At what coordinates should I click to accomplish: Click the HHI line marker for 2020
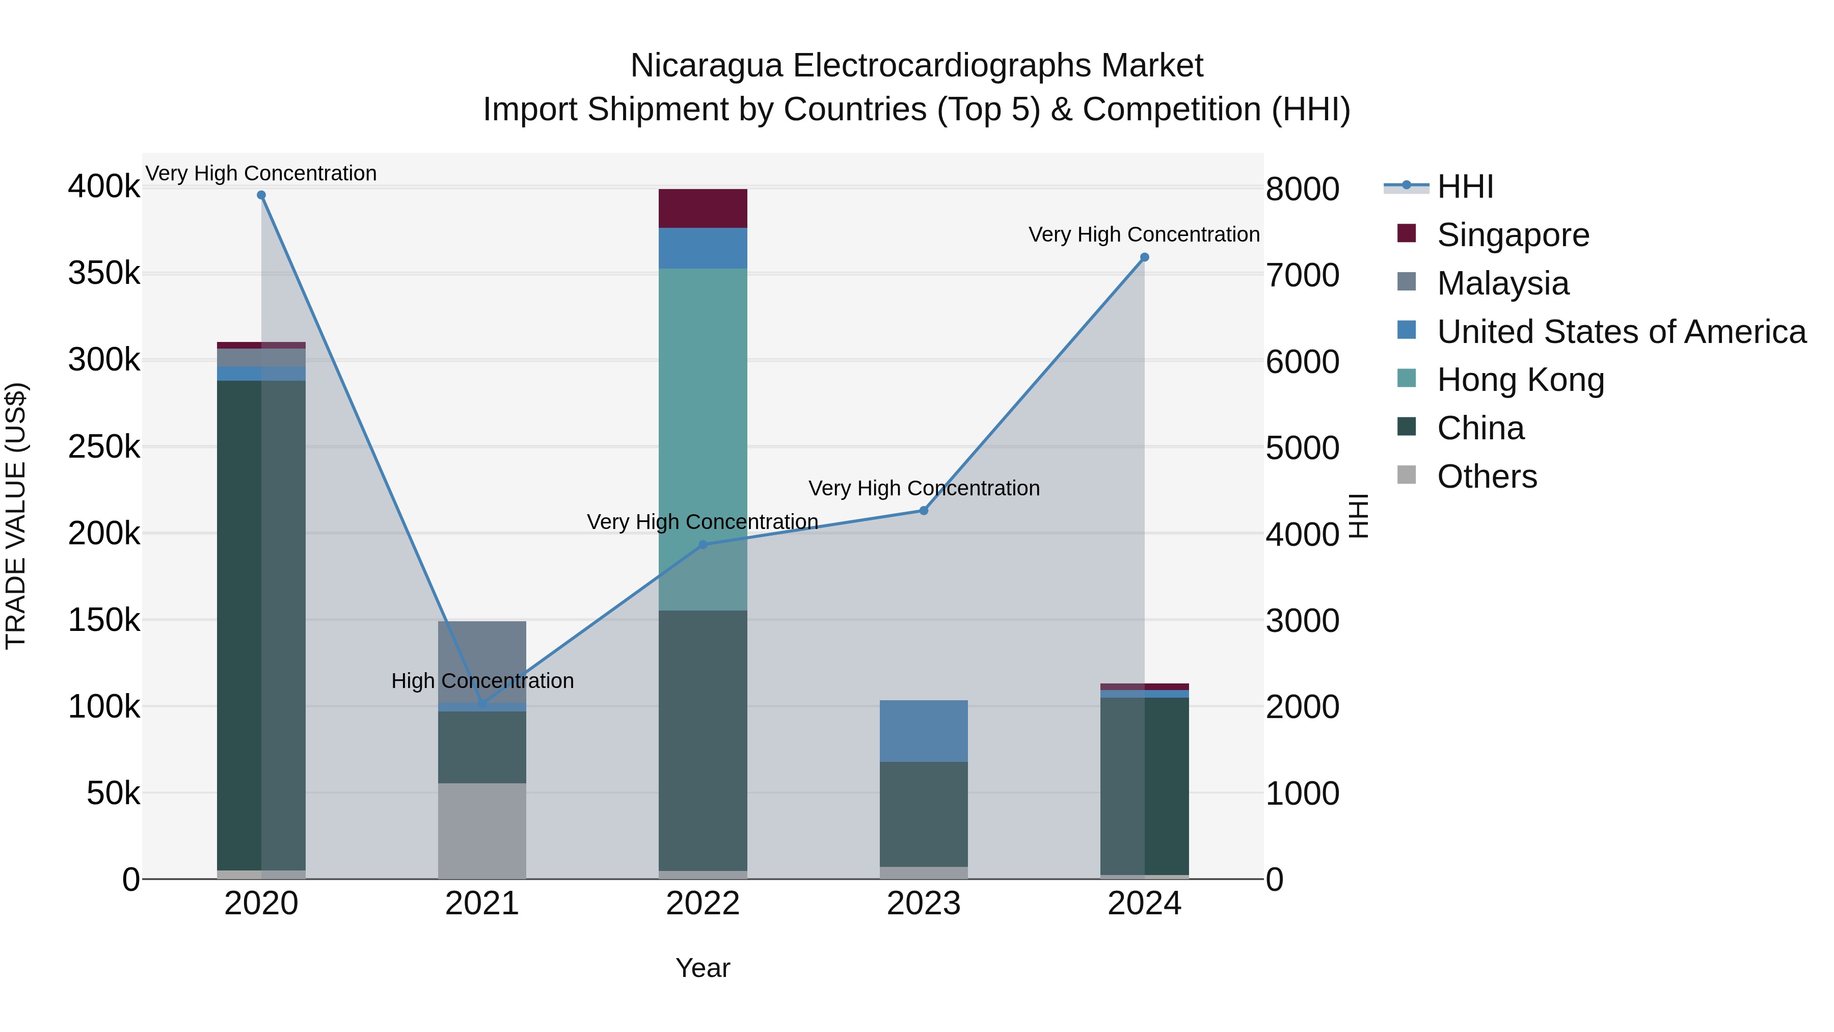pyautogui.click(x=261, y=195)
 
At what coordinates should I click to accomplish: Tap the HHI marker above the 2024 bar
pyautogui.click(x=1144, y=257)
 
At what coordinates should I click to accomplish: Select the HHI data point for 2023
pyautogui.click(x=924, y=511)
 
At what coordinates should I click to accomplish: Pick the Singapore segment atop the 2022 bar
pyautogui.click(x=703, y=208)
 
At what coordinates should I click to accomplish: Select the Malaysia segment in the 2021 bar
pyautogui.click(x=482, y=661)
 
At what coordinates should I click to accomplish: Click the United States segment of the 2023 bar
pyautogui.click(x=924, y=731)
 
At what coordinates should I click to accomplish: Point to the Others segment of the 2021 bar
pyautogui.click(x=482, y=831)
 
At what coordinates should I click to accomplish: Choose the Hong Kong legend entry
pyautogui.click(x=1520, y=380)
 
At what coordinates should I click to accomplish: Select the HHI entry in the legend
pyautogui.click(x=1465, y=187)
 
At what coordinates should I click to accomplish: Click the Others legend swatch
pyautogui.click(x=1407, y=474)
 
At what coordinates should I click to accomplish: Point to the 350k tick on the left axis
pyautogui.click(x=104, y=274)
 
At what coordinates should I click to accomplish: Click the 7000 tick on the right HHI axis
pyautogui.click(x=1302, y=276)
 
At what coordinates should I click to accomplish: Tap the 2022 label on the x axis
pyautogui.click(x=703, y=904)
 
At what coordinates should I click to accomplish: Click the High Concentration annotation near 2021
pyautogui.click(x=482, y=681)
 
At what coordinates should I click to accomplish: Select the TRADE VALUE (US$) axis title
pyautogui.click(x=16, y=516)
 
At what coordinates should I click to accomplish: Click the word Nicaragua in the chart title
pyautogui.click(x=706, y=66)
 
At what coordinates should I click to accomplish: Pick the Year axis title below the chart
pyautogui.click(x=703, y=968)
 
